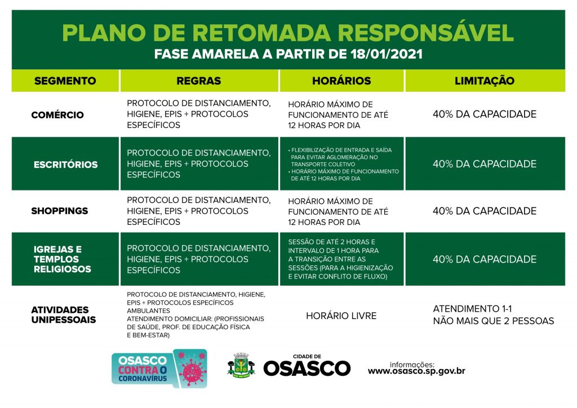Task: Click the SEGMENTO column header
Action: point(65,81)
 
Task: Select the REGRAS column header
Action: point(198,81)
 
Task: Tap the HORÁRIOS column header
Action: point(341,81)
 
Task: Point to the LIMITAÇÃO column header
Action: point(484,81)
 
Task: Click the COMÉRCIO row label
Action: point(57,115)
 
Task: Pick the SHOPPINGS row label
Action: point(60,211)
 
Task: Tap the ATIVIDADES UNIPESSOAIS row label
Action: point(63,315)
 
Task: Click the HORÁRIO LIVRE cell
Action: point(341,316)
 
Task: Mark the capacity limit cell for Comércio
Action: point(484,114)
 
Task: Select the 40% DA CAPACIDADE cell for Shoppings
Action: point(484,211)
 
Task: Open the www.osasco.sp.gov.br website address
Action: point(416,371)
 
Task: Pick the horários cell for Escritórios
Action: point(341,164)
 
